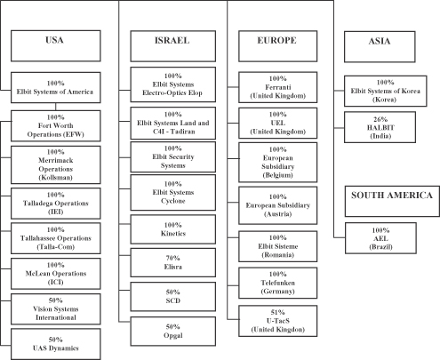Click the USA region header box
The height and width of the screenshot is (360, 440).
pyautogui.click(x=56, y=46)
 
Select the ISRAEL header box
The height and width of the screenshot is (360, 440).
pyautogui.click(x=173, y=46)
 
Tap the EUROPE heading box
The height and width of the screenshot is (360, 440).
pyautogui.click(x=278, y=46)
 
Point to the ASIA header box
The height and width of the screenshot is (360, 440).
pyautogui.click(x=380, y=47)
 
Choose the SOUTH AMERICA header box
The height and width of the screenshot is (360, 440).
pyautogui.click(x=392, y=201)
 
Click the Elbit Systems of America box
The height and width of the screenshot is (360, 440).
pyautogui.click(x=56, y=88)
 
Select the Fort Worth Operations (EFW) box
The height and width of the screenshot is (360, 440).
pyautogui.click(x=56, y=126)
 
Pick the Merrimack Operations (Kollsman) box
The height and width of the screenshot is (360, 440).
pyautogui.click(x=56, y=164)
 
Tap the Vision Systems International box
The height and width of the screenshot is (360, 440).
pyautogui.click(x=56, y=309)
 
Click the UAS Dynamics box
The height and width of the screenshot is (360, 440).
pyautogui.click(x=56, y=344)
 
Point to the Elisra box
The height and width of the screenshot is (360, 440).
pyautogui.click(x=173, y=263)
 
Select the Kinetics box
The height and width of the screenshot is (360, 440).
pyautogui.click(x=173, y=229)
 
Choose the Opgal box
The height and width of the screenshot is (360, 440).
pyautogui.click(x=173, y=332)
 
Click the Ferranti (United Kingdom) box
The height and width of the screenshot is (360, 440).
pyautogui.click(x=278, y=87)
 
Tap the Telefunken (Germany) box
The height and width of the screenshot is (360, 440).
pyautogui.click(x=278, y=283)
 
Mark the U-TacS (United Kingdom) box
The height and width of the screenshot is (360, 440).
pyautogui.click(x=278, y=321)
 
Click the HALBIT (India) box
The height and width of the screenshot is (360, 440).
pyautogui.click(x=380, y=127)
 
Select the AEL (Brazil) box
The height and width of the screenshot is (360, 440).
pyautogui.click(x=380, y=238)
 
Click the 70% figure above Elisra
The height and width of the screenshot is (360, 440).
pyautogui.click(x=173, y=258)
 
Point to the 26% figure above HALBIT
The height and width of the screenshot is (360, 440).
pyautogui.click(x=380, y=119)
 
